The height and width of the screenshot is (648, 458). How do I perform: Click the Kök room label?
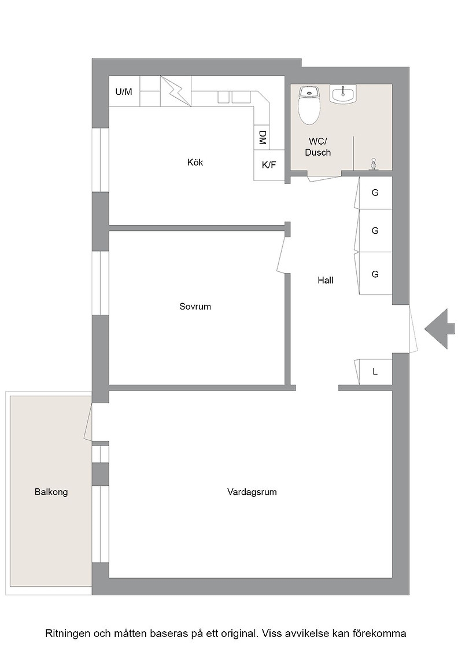point(195,163)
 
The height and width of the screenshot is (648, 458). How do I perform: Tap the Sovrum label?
point(195,307)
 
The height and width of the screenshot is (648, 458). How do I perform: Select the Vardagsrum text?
point(252,492)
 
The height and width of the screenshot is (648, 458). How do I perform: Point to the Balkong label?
point(51,492)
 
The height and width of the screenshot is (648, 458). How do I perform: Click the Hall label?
point(326,280)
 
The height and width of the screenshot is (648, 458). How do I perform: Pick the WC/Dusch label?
point(318,147)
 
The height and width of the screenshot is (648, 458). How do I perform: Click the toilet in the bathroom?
point(309,105)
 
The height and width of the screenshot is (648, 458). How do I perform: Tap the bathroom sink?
point(343,94)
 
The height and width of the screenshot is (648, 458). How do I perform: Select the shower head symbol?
point(374,164)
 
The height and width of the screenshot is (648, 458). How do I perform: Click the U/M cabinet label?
point(124,92)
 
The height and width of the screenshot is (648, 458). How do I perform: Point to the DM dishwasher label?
point(262,137)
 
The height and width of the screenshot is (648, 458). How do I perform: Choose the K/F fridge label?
point(269,165)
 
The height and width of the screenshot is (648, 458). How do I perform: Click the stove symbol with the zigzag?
point(176,91)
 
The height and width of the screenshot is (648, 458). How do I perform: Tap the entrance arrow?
point(439,329)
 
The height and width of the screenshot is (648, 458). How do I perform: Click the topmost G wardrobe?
point(375,193)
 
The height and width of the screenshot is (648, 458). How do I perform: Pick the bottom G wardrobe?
point(375,274)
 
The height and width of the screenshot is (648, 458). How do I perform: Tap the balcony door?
point(88,423)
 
